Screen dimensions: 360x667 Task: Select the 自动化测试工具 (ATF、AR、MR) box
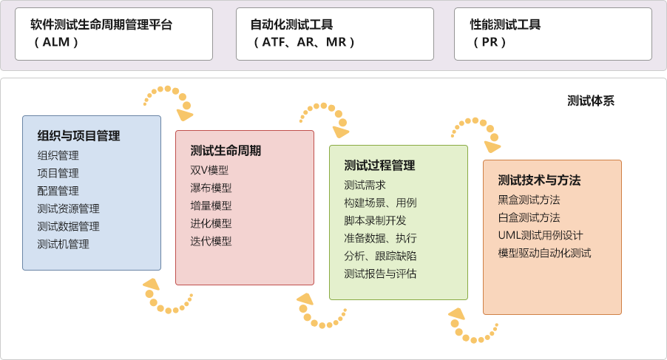coord(335,34)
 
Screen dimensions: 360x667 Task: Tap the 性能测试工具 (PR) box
coord(552,34)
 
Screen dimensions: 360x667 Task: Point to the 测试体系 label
coord(590,101)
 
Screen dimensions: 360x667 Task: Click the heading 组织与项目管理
coord(78,135)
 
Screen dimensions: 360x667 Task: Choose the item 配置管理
coord(58,191)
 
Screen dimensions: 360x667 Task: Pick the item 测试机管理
coord(63,244)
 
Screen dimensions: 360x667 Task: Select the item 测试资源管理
coord(68,208)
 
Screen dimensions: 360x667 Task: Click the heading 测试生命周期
coord(226,151)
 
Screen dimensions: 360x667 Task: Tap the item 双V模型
coord(209,170)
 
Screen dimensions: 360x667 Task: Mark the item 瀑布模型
coord(211,188)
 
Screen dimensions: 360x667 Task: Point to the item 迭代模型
coord(211,241)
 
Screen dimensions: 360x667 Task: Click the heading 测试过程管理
coord(379,165)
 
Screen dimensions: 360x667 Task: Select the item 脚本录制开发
coord(375,220)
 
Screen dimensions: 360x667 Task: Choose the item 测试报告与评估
coord(380,274)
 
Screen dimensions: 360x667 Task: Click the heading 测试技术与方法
coord(539,180)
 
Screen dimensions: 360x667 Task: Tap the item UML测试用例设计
coord(541,235)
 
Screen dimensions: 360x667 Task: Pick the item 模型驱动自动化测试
coord(545,253)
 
